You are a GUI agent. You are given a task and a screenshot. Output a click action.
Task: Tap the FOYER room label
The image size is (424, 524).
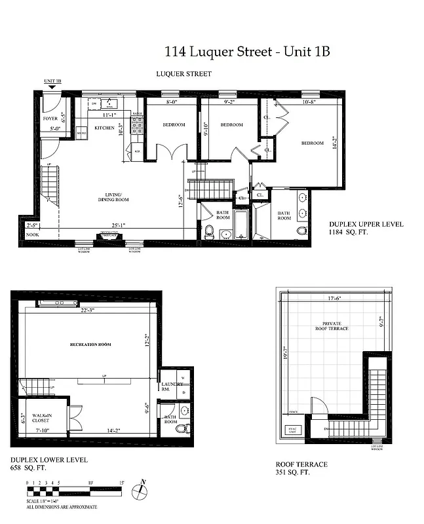pyautogui.click(x=50, y=119)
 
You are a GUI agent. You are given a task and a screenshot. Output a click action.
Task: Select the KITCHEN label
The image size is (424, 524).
pyautogui.click(x=105, y=128)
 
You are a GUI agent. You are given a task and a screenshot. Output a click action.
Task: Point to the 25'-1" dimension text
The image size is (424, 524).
pyautogui.click(x=119, y=225)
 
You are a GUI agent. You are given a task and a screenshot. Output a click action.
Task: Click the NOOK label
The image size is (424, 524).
pyautogui.click(x=32, y=234)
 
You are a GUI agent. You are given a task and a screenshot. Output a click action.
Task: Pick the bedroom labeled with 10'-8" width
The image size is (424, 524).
pyautogui.click(x=313, y=143)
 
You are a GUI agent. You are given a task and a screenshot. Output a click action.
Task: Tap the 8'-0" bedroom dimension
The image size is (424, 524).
pyautogui.click(x=172, y=102)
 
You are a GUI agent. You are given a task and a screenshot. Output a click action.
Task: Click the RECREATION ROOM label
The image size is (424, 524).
pyautogui.click(x=90, y=345)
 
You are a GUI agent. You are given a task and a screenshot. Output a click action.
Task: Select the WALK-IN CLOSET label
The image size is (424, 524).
pyautogui.click(x=43, y=417)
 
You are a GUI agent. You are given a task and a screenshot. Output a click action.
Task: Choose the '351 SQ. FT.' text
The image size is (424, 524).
pyautogui.click(x=292, y=472)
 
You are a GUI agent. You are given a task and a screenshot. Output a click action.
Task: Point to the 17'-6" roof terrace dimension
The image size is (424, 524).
pyautogui.click(x=334, y=299)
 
